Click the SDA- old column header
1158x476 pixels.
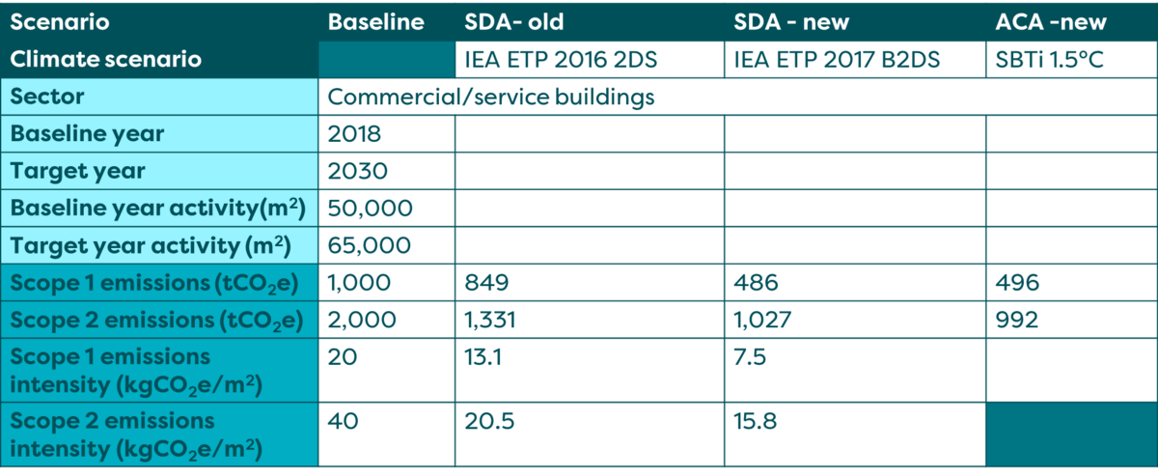point(510,21)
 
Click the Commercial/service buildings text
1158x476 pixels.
point(491,97)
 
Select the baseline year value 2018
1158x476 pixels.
point(356,134)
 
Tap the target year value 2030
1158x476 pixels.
point(358,171)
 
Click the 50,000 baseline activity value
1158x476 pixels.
point(371,208)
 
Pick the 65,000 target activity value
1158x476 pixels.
point(370,245)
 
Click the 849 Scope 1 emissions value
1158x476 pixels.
point(484,283)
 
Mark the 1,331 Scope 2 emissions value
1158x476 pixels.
point(492,320)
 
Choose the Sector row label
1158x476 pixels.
point(47,97)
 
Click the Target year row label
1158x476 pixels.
point(78,171)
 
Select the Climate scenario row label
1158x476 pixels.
point(105,59)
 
